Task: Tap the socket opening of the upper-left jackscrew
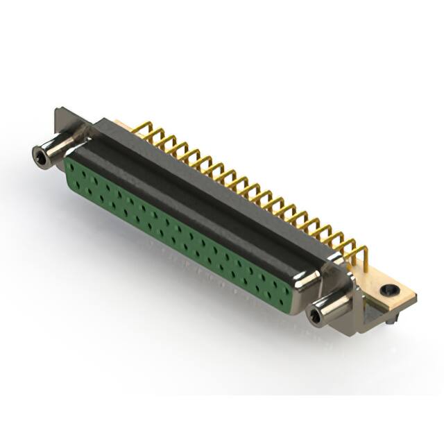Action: [x=40, y=158]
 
